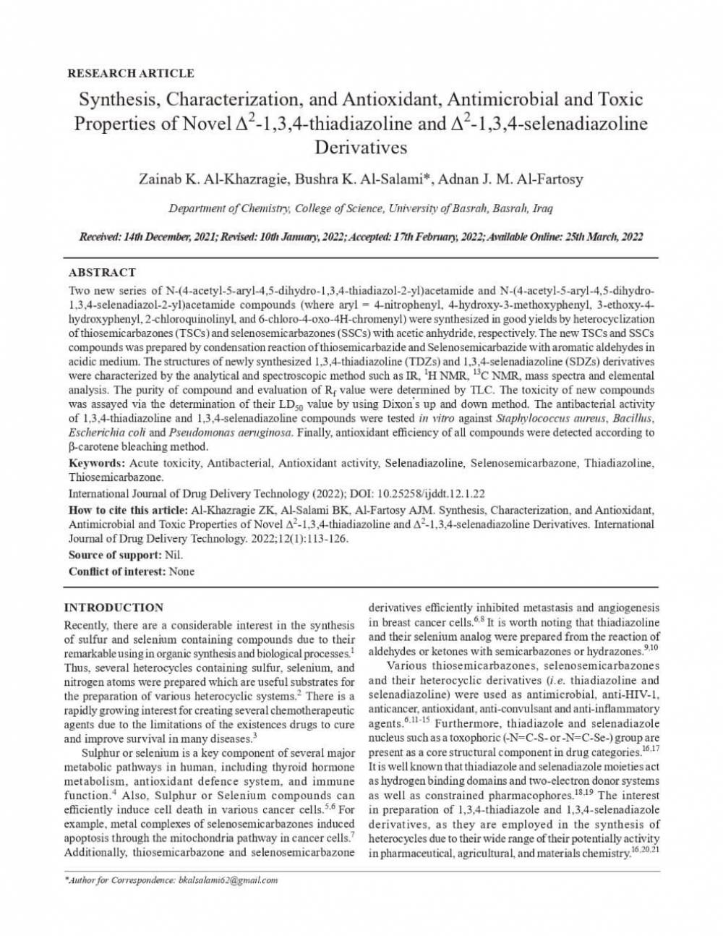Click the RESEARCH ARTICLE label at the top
point(130,73)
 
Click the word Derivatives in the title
point(361,148)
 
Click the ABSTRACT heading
point(102,273)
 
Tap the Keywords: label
point(96,462)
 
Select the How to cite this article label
point(127,509)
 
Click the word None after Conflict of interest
point(181,571)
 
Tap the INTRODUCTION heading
point(114,607)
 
